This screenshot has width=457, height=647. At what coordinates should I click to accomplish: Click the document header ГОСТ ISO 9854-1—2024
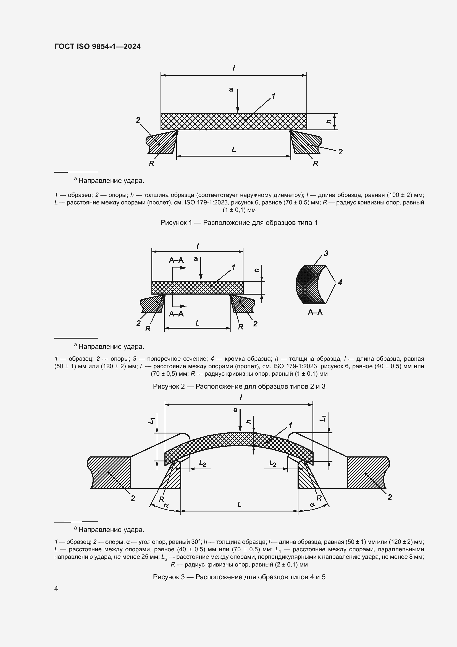tap(97, 46)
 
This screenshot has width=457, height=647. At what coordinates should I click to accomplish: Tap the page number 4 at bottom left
tap(56, 588)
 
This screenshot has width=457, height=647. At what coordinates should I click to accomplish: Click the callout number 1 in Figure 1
tap(273, 97)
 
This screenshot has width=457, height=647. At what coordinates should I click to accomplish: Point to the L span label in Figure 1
tap(233, 150)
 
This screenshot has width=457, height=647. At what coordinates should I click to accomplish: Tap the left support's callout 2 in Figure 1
tap(138, 120)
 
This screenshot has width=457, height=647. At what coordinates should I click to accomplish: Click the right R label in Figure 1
tap(316, 163)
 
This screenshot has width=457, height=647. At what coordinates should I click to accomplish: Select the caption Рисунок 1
tap(239, 223)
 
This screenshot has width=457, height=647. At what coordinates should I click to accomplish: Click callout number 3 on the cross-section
tap(326, 254)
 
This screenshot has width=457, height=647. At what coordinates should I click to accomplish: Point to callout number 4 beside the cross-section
tap(340, 282)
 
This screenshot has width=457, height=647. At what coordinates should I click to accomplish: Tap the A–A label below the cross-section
tap(315, 312)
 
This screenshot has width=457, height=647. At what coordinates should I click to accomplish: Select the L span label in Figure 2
tap(198, 323)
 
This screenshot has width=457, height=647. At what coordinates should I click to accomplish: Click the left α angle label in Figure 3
tap(166, 505)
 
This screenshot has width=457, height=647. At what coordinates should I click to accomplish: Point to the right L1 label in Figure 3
tap(323, 419)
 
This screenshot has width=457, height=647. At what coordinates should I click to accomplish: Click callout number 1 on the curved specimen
tap(290, 425)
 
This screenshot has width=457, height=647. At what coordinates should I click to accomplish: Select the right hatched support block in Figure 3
tap(366, 472)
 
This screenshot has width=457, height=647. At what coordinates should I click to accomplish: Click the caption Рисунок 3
tap(239, 577)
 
